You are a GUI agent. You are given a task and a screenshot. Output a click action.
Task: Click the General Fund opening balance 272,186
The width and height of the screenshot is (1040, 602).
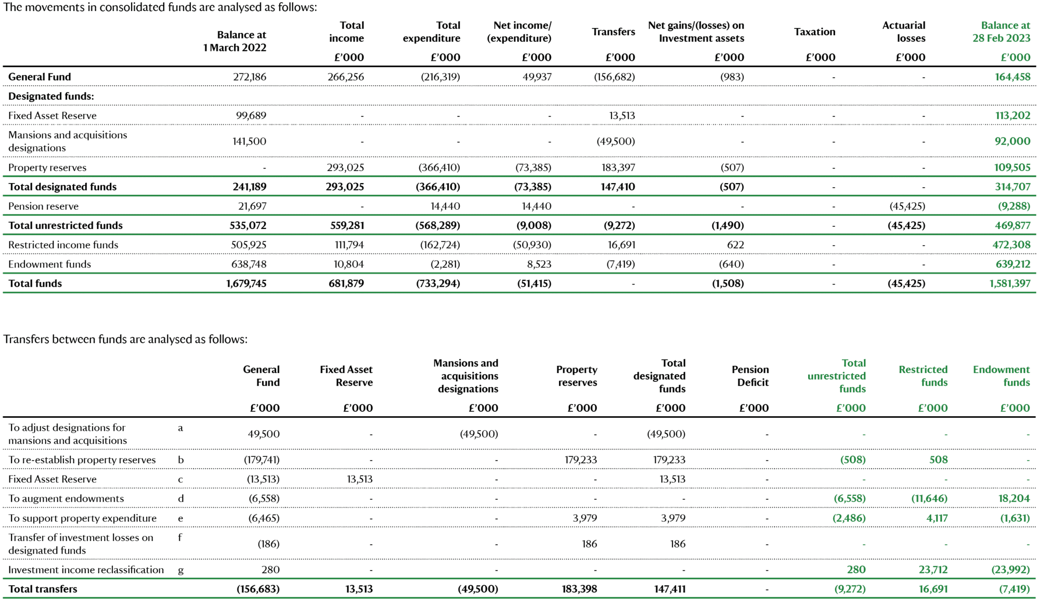point(250,77)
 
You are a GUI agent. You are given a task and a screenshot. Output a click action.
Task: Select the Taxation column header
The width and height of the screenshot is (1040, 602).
point(814,32)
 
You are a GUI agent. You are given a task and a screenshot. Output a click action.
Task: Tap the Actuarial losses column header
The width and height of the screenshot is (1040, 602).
point(904,32)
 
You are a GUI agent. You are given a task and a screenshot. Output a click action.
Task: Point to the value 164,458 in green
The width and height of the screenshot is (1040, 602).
point(1012,77)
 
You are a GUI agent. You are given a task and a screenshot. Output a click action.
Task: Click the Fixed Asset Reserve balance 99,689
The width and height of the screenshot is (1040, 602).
point(251,116)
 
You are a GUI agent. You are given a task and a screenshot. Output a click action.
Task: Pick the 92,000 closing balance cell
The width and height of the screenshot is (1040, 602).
point(1012,141)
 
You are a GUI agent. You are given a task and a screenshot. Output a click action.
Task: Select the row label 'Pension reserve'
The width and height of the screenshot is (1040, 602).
point(43,206)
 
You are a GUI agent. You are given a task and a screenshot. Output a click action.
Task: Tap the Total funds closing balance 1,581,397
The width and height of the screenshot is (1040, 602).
point(1010,284)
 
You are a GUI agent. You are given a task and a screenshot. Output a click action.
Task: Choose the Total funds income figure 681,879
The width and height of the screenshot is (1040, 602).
point(346,284)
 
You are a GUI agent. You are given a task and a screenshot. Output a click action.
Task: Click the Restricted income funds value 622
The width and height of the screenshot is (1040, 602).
point(735,245)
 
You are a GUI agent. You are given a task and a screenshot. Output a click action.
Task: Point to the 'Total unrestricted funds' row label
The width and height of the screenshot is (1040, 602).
point(66,225)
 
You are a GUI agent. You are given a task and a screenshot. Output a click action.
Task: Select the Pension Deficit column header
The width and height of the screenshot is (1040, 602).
point(750,376)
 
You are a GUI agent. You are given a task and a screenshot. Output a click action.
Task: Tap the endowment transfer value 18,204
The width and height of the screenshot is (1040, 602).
point(1014,498)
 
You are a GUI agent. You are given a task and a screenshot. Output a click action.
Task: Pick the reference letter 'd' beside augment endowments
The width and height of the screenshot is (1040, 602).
point(180,498)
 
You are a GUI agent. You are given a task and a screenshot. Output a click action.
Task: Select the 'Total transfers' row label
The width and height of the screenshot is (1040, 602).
point(43,589)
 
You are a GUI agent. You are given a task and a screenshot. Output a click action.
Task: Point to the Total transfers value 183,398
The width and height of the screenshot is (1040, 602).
point(579,589)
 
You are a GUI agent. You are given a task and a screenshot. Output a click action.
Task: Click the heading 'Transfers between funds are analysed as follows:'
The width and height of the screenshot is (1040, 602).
point(125,339)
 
